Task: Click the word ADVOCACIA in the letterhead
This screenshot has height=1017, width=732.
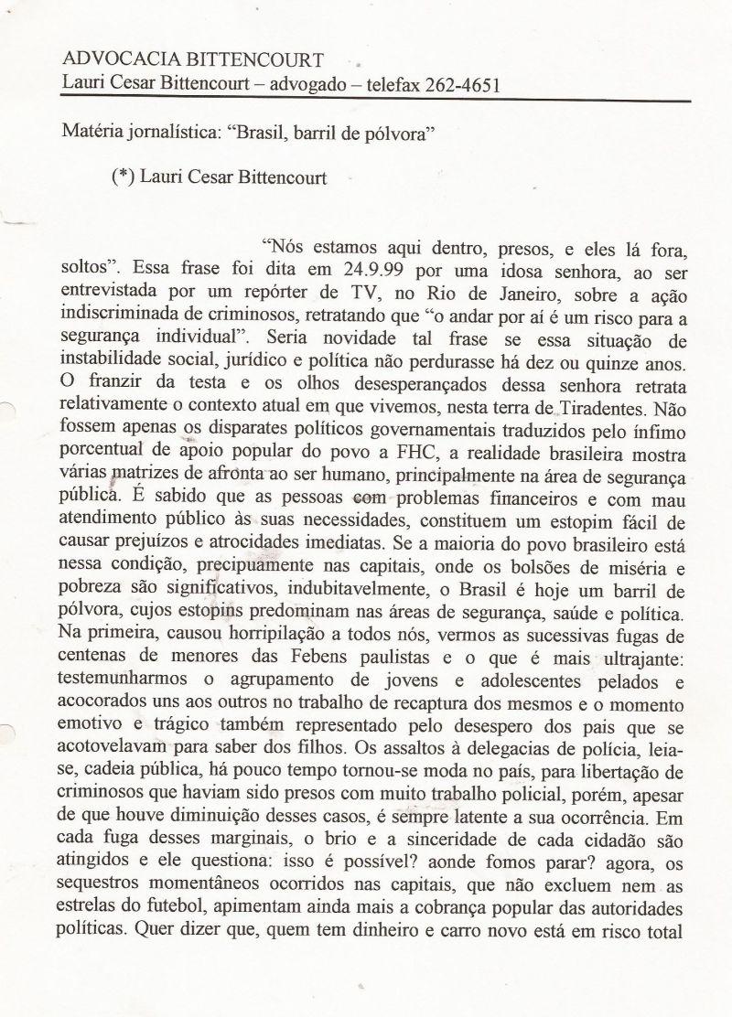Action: coord(115,60)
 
